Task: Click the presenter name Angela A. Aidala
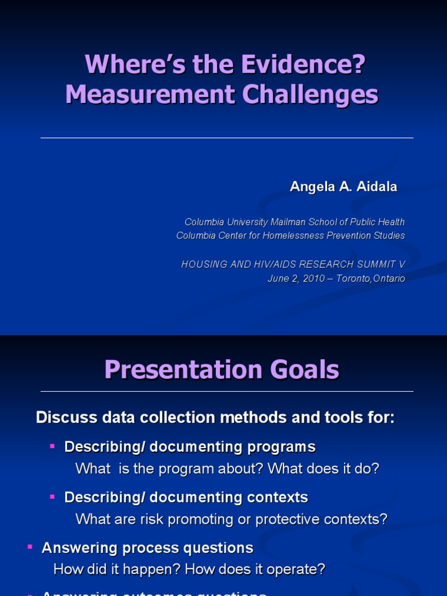pos(343,187)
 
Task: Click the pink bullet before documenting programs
pos(52,446)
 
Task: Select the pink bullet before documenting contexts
pos(52,496)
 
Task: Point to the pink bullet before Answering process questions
pos(30,547)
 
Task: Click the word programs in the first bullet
pos(281,447)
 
